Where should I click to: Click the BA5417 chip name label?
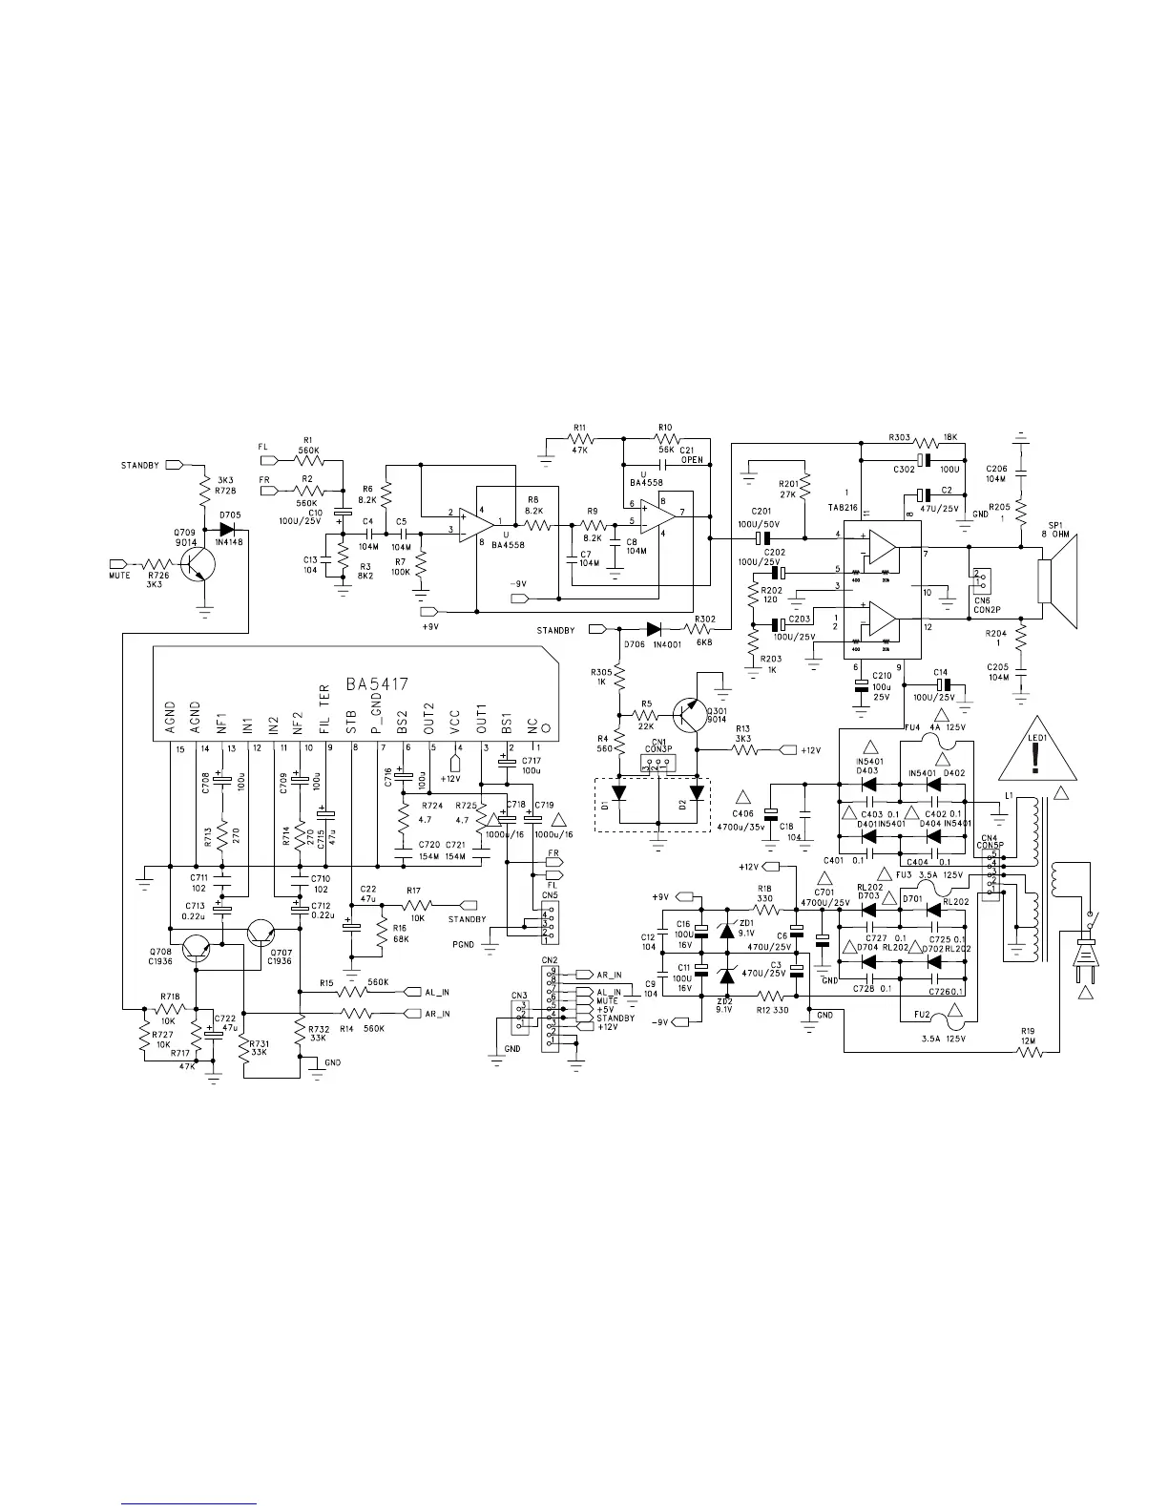pos(377,683)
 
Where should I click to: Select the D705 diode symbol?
pos(227,528)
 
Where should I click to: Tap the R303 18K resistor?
pos(926,443)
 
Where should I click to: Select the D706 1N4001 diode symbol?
pos(655,629)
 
